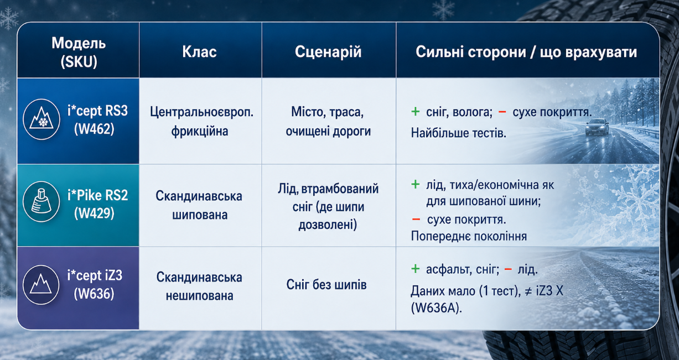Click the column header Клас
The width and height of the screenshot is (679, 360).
click(x=199, y=51)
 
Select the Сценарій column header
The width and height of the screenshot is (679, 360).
click(x=328, y=51)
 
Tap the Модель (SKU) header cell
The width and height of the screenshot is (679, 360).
click(x=79, y=52)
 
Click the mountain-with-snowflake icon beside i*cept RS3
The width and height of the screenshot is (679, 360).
click(x=42, y=119)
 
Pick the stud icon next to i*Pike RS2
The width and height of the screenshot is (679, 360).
click(x=41, y=201)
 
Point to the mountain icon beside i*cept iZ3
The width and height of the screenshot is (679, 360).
click(x=41, y=285)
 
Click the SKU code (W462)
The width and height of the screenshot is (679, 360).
click(x=94, y=129)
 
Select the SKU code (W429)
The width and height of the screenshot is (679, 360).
click(x=94, y=213)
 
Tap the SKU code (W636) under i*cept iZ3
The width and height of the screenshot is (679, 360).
click(x=94, y=293)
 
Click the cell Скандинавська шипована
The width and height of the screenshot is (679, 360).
click(x=199, y=205)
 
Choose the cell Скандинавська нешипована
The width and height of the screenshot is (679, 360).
click(x=199, y=286)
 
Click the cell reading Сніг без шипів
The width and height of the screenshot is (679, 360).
click(x=326, y=285)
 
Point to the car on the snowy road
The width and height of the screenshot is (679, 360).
click(x=597, y=127)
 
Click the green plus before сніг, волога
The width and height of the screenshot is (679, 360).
click(x=416, y=112)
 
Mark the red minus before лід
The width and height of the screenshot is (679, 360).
click(x=508, y=269)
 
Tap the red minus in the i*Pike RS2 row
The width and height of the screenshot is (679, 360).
click(x=416, y=220)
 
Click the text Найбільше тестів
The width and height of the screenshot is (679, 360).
click(x=459, y=133)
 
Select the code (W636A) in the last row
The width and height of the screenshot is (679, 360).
click(x=437, y=308)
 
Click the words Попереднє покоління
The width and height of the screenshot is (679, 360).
click(x=469, y=236)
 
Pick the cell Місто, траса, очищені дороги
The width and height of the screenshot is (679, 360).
click(x=328, y=122)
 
